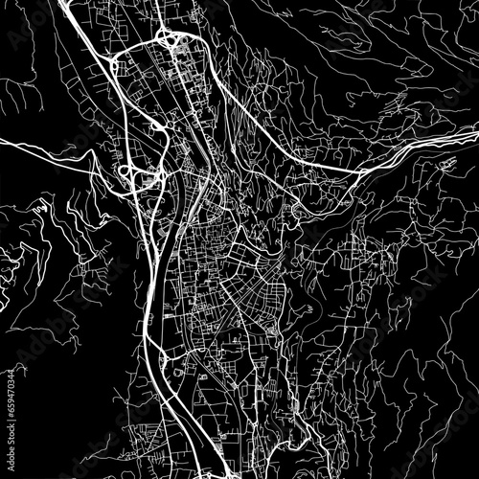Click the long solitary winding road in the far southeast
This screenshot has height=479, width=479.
(x=402, y=402)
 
